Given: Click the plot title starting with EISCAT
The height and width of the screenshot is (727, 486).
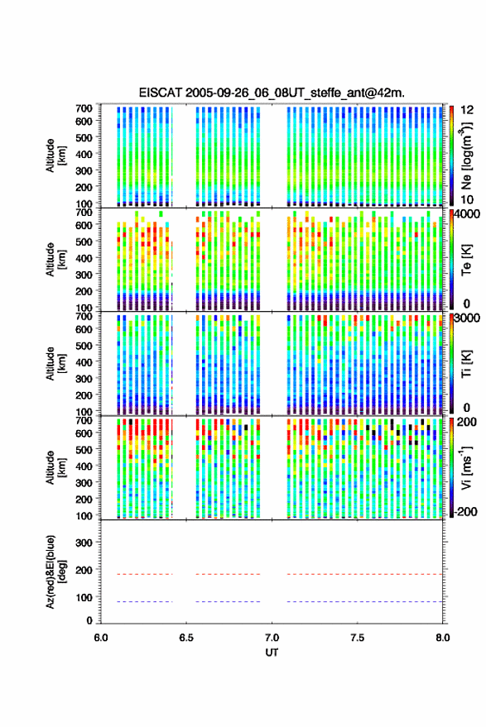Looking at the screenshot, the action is pos(272,93).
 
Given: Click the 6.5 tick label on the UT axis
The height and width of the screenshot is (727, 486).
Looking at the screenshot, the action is pos(186,638).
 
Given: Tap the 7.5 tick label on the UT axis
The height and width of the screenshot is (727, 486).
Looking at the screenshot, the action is pos(358,638).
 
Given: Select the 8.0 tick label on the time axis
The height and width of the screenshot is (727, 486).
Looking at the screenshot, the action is pos(443,638).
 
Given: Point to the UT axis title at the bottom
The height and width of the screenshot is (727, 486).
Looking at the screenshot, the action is pos(272,653).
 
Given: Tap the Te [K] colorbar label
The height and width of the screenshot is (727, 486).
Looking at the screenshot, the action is pos(466,260).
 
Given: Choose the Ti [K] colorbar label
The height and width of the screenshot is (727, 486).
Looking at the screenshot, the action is pos(466,364).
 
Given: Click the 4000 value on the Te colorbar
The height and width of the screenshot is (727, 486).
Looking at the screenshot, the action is pos(467,215).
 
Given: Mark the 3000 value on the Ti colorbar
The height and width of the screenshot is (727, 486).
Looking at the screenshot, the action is pos(467,318).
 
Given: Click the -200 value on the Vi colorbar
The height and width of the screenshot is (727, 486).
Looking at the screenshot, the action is pos(466,511).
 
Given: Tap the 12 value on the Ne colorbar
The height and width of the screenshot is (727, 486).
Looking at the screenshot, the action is pos(468,110).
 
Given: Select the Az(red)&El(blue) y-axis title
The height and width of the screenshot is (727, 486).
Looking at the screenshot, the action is pos(55,572).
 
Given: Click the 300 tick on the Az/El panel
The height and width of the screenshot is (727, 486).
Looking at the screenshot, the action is pos(84,543).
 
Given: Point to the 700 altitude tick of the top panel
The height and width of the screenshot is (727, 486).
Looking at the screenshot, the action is pos(84,108).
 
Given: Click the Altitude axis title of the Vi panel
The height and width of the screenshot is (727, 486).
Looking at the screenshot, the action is pos(55,467).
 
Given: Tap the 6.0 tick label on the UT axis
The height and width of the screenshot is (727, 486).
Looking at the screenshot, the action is pos(101,638).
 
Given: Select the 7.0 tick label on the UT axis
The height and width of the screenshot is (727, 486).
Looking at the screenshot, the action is pos(272,638).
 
